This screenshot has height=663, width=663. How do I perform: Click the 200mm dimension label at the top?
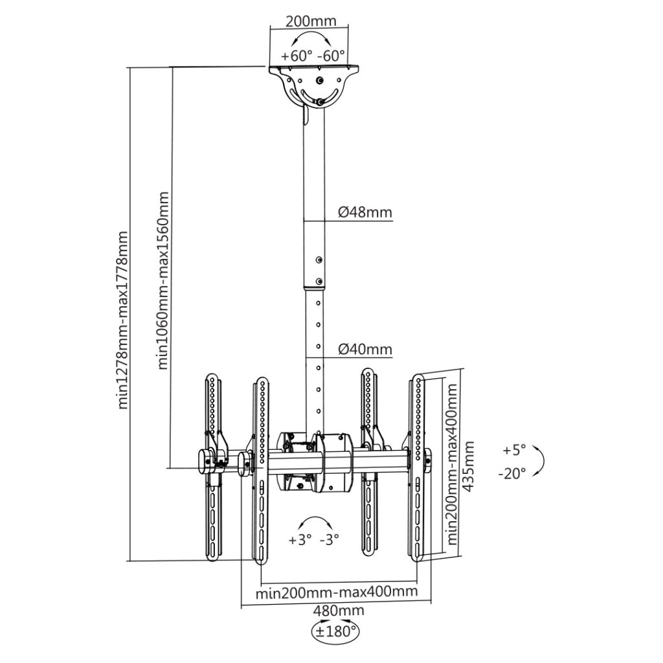tap(311, 21)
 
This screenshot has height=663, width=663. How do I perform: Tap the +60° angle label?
tap(297, 56)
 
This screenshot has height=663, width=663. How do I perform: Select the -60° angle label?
tap(331, 56)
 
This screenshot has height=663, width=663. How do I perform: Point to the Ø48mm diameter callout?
tap(365, 212)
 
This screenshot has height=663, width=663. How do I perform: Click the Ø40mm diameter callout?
tap(365, 349)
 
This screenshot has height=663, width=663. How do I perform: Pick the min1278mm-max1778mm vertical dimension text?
tap(122, 320)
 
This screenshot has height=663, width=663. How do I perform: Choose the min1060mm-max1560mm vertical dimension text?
tap(163, 281)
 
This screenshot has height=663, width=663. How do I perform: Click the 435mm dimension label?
tap(469, 466)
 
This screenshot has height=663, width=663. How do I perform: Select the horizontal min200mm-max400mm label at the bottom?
tap(337, 592)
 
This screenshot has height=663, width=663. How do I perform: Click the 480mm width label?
tap(339, 611)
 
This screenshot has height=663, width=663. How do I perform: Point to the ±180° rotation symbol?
tap(336, 631)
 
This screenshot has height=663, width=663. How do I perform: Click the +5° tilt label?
tap(514, 450)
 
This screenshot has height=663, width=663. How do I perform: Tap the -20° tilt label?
tap(512, 473)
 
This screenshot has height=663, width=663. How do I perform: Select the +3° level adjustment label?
tap(300, 540)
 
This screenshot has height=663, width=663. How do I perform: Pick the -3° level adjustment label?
tap(330, 540)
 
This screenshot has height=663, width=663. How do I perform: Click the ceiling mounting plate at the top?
tap(313, 68)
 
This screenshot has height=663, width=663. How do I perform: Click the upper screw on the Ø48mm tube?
tap(319, 260)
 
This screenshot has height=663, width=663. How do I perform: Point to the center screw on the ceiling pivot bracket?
tap(320, 80)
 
